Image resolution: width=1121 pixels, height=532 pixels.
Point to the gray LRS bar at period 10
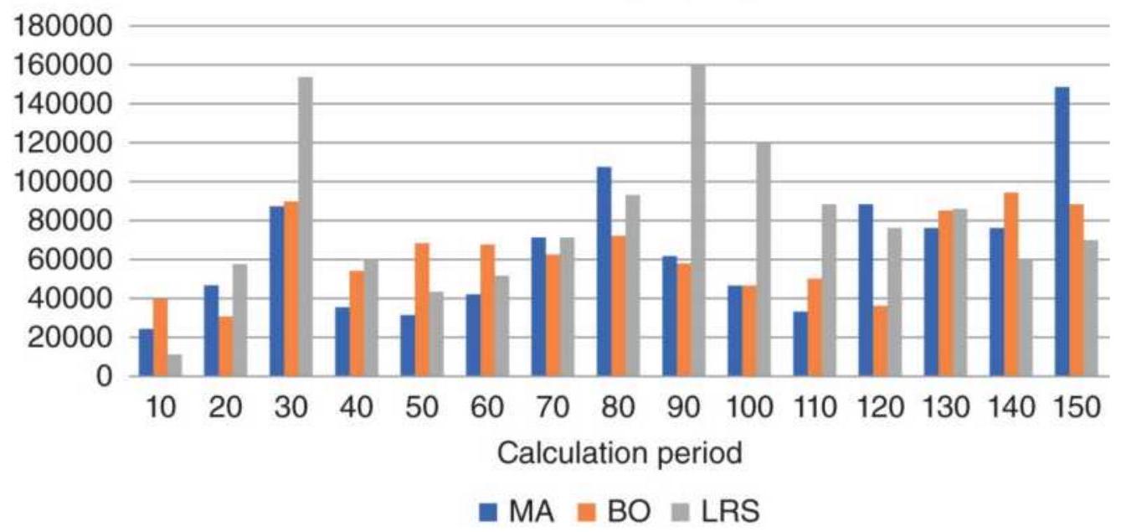(x=174, y=365)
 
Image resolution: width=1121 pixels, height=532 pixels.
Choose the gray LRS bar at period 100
(x=763, y=259)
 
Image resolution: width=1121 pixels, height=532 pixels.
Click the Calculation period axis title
(x=620, y=454)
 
